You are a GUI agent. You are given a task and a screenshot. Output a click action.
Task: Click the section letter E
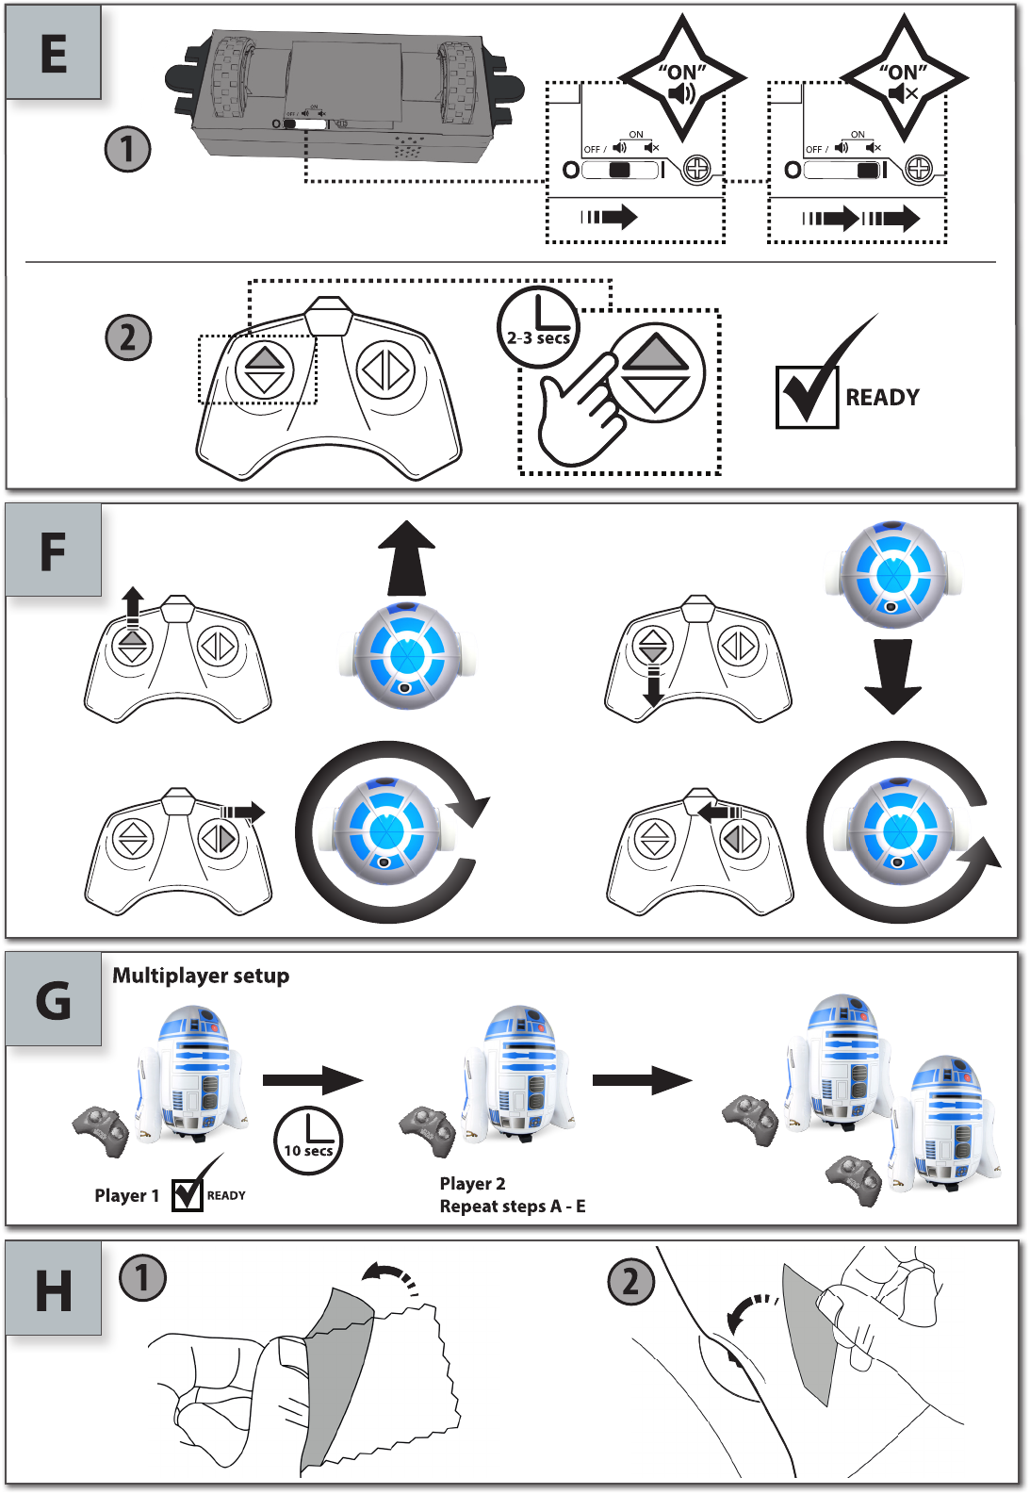click(x=54, y=53)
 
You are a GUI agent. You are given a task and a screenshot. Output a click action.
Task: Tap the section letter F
click(x=53, y=551)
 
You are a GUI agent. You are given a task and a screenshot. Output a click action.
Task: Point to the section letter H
click(x=54, y=1290)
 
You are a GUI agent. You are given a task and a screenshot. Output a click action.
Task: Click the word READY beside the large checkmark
click(x=882, y=398)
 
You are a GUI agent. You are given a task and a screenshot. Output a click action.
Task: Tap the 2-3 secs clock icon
click(x=538, y=327)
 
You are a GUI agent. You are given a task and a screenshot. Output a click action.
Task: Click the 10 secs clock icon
click(x=309, y=1140)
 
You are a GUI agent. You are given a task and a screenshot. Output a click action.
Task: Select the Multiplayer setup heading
click(x=201, y=976)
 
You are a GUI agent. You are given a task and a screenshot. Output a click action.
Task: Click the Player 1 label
click(x=126, y=1195)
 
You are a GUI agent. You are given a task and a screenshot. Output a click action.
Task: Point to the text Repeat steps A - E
click(x=513, y=1207)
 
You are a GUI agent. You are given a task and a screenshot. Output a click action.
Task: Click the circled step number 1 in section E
click(x=127, y=149)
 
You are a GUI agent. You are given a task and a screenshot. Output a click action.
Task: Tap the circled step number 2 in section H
click(x=630, y=1282)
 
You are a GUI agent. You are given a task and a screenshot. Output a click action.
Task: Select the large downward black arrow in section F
click(x=892, y=676)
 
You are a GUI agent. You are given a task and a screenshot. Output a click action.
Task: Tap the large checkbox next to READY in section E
click(x=807, y=397)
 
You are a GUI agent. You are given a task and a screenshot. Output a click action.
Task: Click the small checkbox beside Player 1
click(x=188, y=1195)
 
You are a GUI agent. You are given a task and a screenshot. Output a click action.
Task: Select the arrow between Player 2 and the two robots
click(x=642, y=1080)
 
